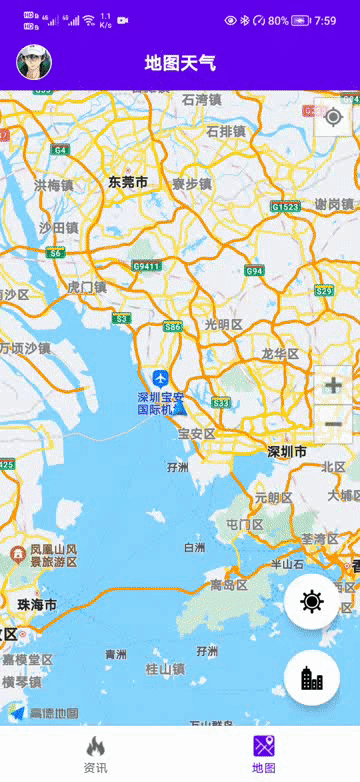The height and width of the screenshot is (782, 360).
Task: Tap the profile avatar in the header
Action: [x=34, y=63]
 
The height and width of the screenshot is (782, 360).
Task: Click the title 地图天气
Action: [x=180, y=64]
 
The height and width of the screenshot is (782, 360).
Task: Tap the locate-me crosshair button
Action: [x=333, y=117]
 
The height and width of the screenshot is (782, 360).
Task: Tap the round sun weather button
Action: [x=312, y=602]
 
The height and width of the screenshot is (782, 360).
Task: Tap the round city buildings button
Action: [x=312, y=678]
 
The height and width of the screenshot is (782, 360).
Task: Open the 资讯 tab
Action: [x=95, y=754]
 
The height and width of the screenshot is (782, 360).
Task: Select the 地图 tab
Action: [x=264, y=754]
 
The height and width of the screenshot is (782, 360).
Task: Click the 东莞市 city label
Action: [x=128, y=182]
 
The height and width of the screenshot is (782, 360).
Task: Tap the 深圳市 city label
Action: [x=287, y=452]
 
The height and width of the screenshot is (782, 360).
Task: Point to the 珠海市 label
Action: [x=37, y=606]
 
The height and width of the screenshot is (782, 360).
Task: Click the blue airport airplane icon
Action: [x=161, y=378]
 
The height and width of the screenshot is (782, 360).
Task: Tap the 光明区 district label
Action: [x=223, y=324]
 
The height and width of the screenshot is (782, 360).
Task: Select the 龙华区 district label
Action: [x=280, y=354]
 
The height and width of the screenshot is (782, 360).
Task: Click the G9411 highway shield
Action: [x=146, y=266]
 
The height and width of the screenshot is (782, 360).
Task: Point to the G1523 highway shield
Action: [x=285, y=207]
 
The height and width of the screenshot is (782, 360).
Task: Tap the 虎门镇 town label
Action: [x=86, y=287]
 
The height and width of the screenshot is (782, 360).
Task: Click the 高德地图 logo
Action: [x=44, y=713]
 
